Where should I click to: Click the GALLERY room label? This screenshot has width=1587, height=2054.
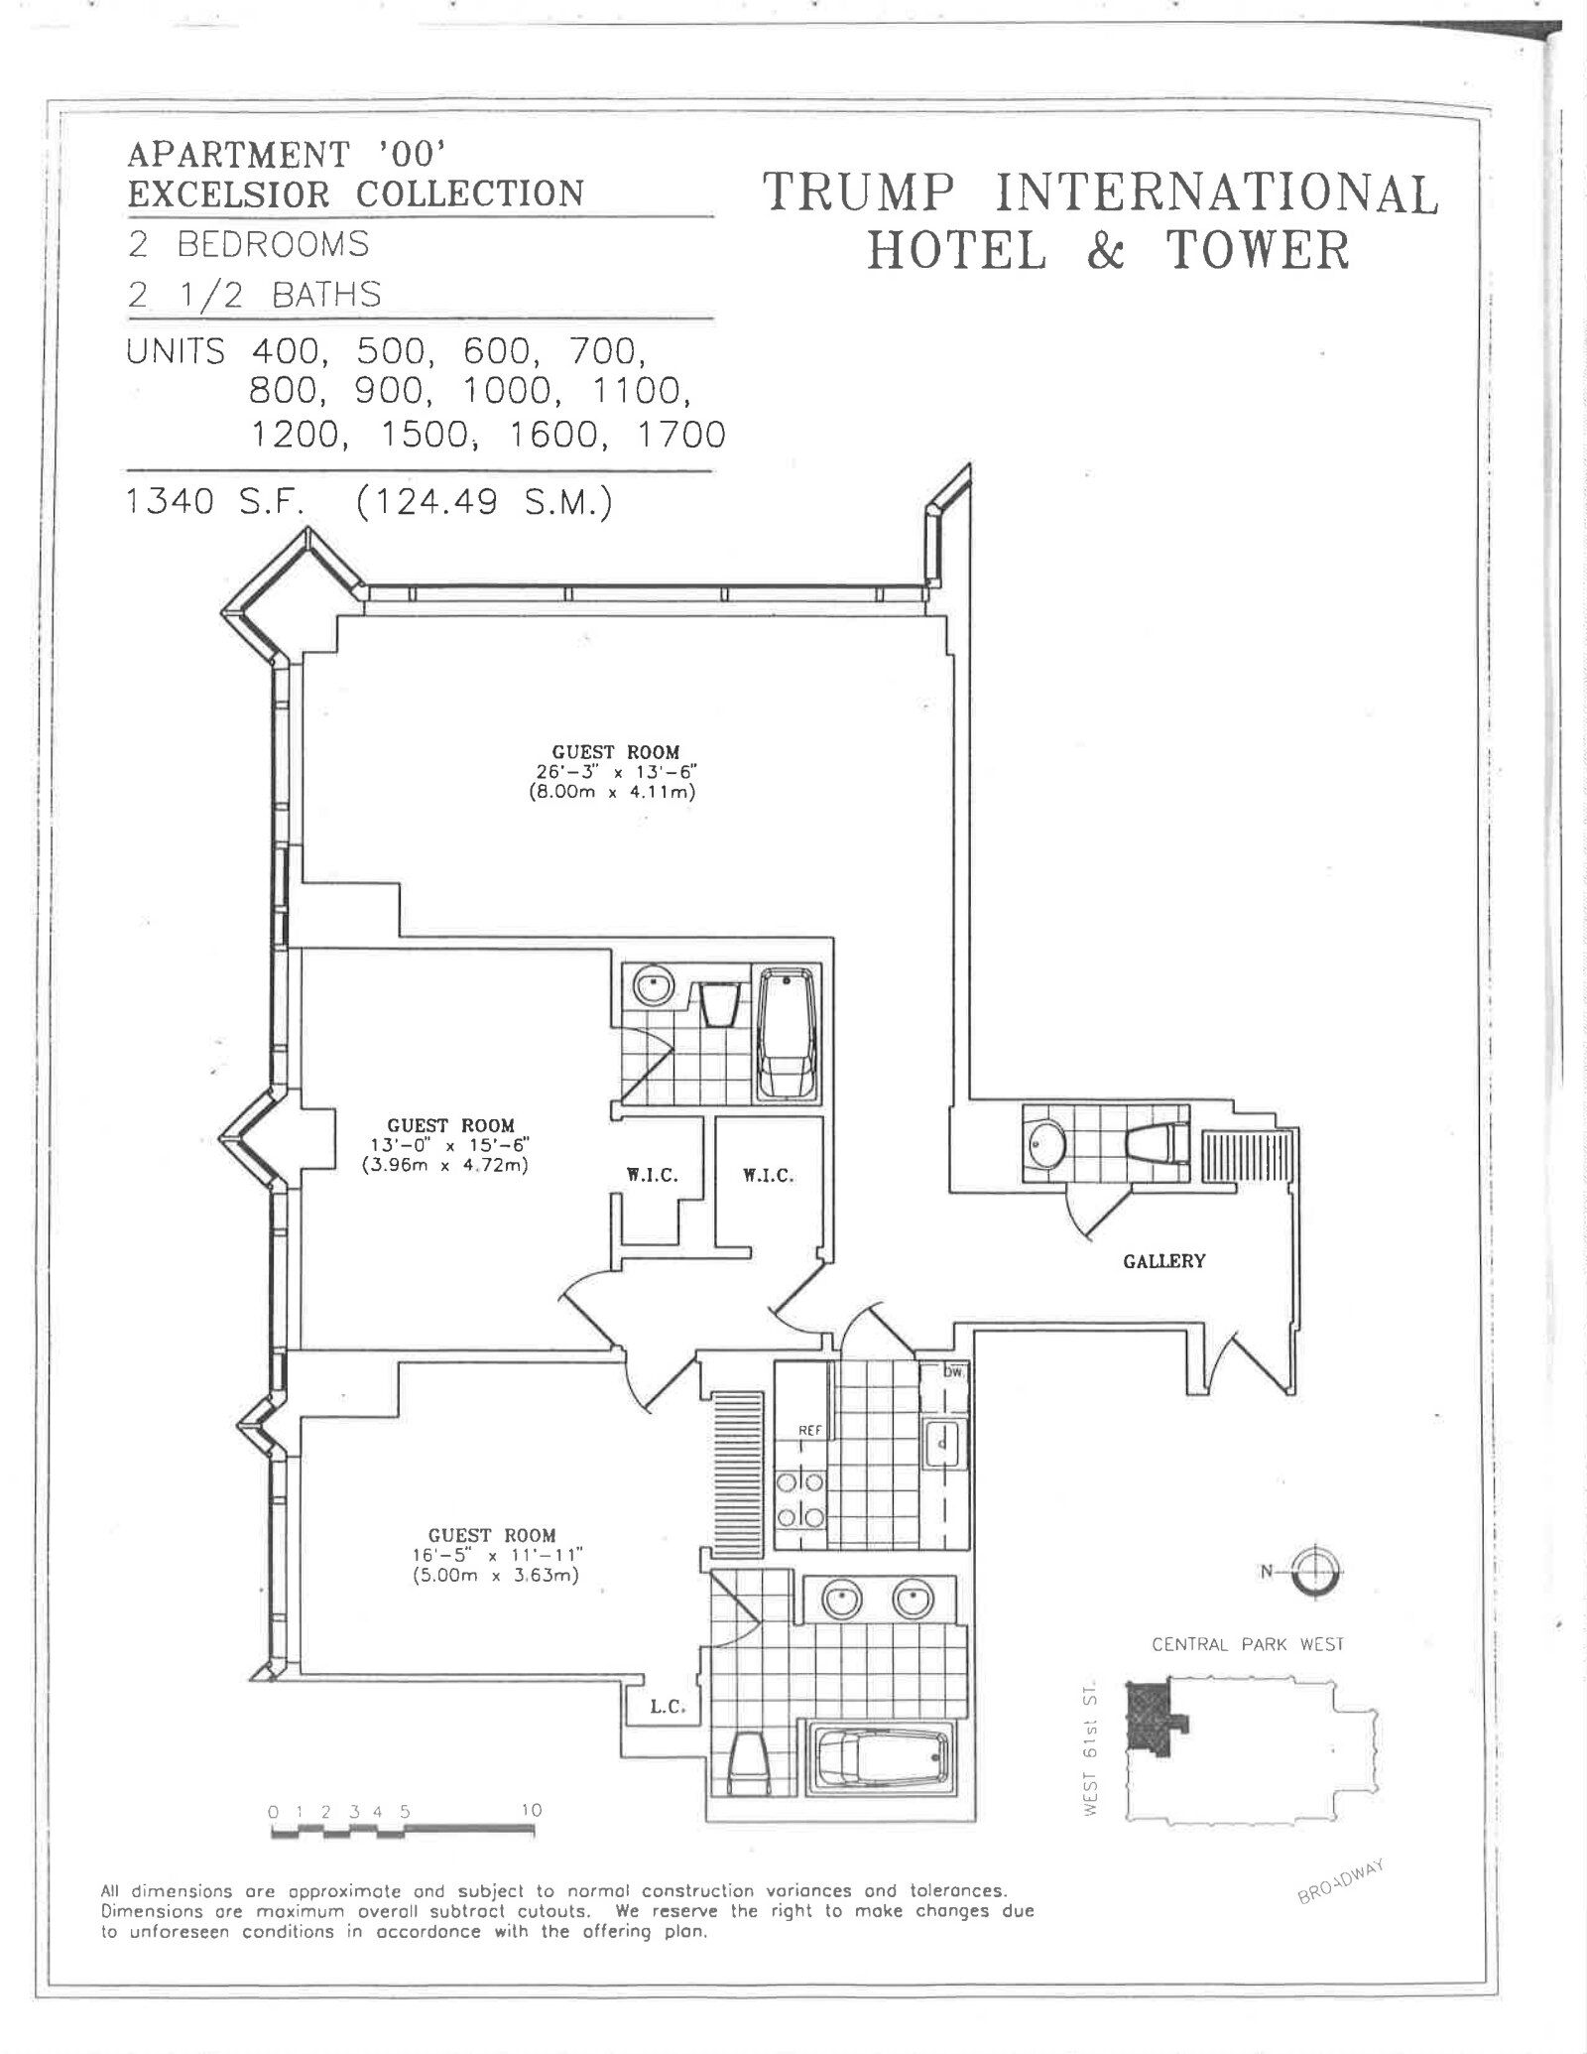coord(1163,1261)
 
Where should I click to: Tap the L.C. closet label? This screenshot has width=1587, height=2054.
coord(670,1709)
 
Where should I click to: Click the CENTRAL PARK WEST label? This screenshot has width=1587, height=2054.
coord(1247,1644)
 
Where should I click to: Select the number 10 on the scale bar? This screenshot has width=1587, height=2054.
coord(532,1810)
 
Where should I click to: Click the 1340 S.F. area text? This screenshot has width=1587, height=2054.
coord(220,502)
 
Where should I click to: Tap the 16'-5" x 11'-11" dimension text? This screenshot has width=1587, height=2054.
coord(491,1555)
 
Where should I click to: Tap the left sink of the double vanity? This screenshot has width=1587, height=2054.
coord(839,1599)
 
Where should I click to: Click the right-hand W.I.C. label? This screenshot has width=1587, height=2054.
coord(768,1176)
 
